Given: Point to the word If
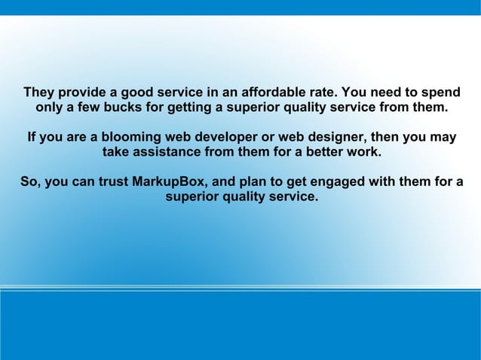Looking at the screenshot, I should point(32,139).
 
